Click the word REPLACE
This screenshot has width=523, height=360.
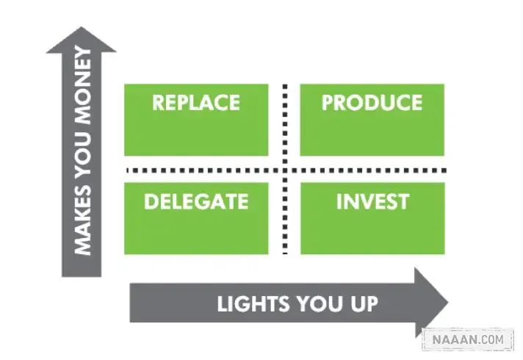[196, 102]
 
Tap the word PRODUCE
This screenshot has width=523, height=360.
[372, 102]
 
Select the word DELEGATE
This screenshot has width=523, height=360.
[196, 201]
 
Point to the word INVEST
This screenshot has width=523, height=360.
[372, 201]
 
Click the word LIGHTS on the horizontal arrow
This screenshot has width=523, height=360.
[253, 303]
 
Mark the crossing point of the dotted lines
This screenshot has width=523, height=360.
[285, 170]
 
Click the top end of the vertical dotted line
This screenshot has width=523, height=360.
[285, 87]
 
